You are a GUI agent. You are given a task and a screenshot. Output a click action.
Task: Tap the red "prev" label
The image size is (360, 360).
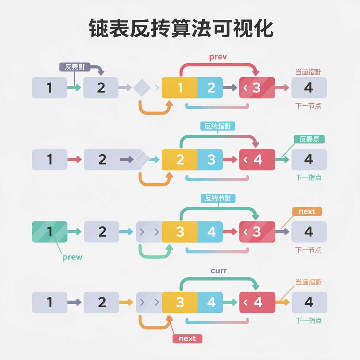(x=218, y=57)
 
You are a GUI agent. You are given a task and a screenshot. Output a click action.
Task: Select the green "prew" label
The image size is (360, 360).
(x=72, y=257)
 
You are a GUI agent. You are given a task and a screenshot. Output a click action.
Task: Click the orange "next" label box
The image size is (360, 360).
(x=307, y=211)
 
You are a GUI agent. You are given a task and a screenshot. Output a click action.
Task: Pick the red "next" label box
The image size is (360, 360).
(x=187, y=339)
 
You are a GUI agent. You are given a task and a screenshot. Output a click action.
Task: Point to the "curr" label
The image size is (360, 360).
(x=219, y=271)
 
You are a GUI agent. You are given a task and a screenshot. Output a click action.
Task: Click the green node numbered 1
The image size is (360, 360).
(x=50, y=232)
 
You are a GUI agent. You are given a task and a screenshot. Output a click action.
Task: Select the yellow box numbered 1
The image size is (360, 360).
(x=180, y=88)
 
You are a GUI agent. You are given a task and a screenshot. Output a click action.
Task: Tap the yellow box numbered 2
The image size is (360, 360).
(x=180, y=160)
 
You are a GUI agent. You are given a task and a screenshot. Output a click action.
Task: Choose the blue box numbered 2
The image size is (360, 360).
(x=211, y=88)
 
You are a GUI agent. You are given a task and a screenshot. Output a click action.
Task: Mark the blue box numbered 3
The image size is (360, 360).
(x=211, y=160)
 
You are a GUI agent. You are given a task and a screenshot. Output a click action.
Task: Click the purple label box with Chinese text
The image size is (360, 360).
(x=75, y=67)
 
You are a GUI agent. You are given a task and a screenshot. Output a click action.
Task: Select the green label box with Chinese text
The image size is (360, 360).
(x=309, y=139)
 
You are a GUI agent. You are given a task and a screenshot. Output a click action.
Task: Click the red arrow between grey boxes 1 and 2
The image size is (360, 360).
(x=74, y=160)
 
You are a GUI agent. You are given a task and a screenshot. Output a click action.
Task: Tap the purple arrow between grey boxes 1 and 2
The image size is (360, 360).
(x=74, y=302)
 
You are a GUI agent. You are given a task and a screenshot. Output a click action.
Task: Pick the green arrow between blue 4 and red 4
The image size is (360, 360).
(x=231, y=302)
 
